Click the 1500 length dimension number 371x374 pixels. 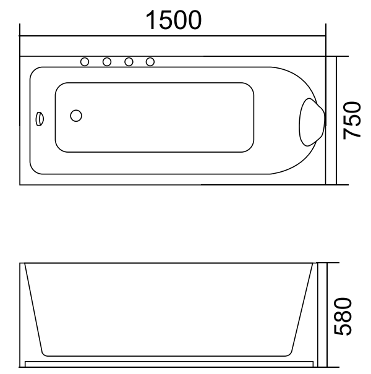(174, 20)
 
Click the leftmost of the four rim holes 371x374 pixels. (85, 61)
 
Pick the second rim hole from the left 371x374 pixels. (107, 61)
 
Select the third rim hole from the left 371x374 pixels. (129, 61)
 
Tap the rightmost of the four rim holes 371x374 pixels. (150, 61)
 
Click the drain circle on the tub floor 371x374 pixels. (76, 116)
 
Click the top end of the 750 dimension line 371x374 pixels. (336, 56)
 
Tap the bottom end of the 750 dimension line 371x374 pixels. (336, 185)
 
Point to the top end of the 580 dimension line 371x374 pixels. (327, 262)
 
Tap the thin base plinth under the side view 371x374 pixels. (170, 362)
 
